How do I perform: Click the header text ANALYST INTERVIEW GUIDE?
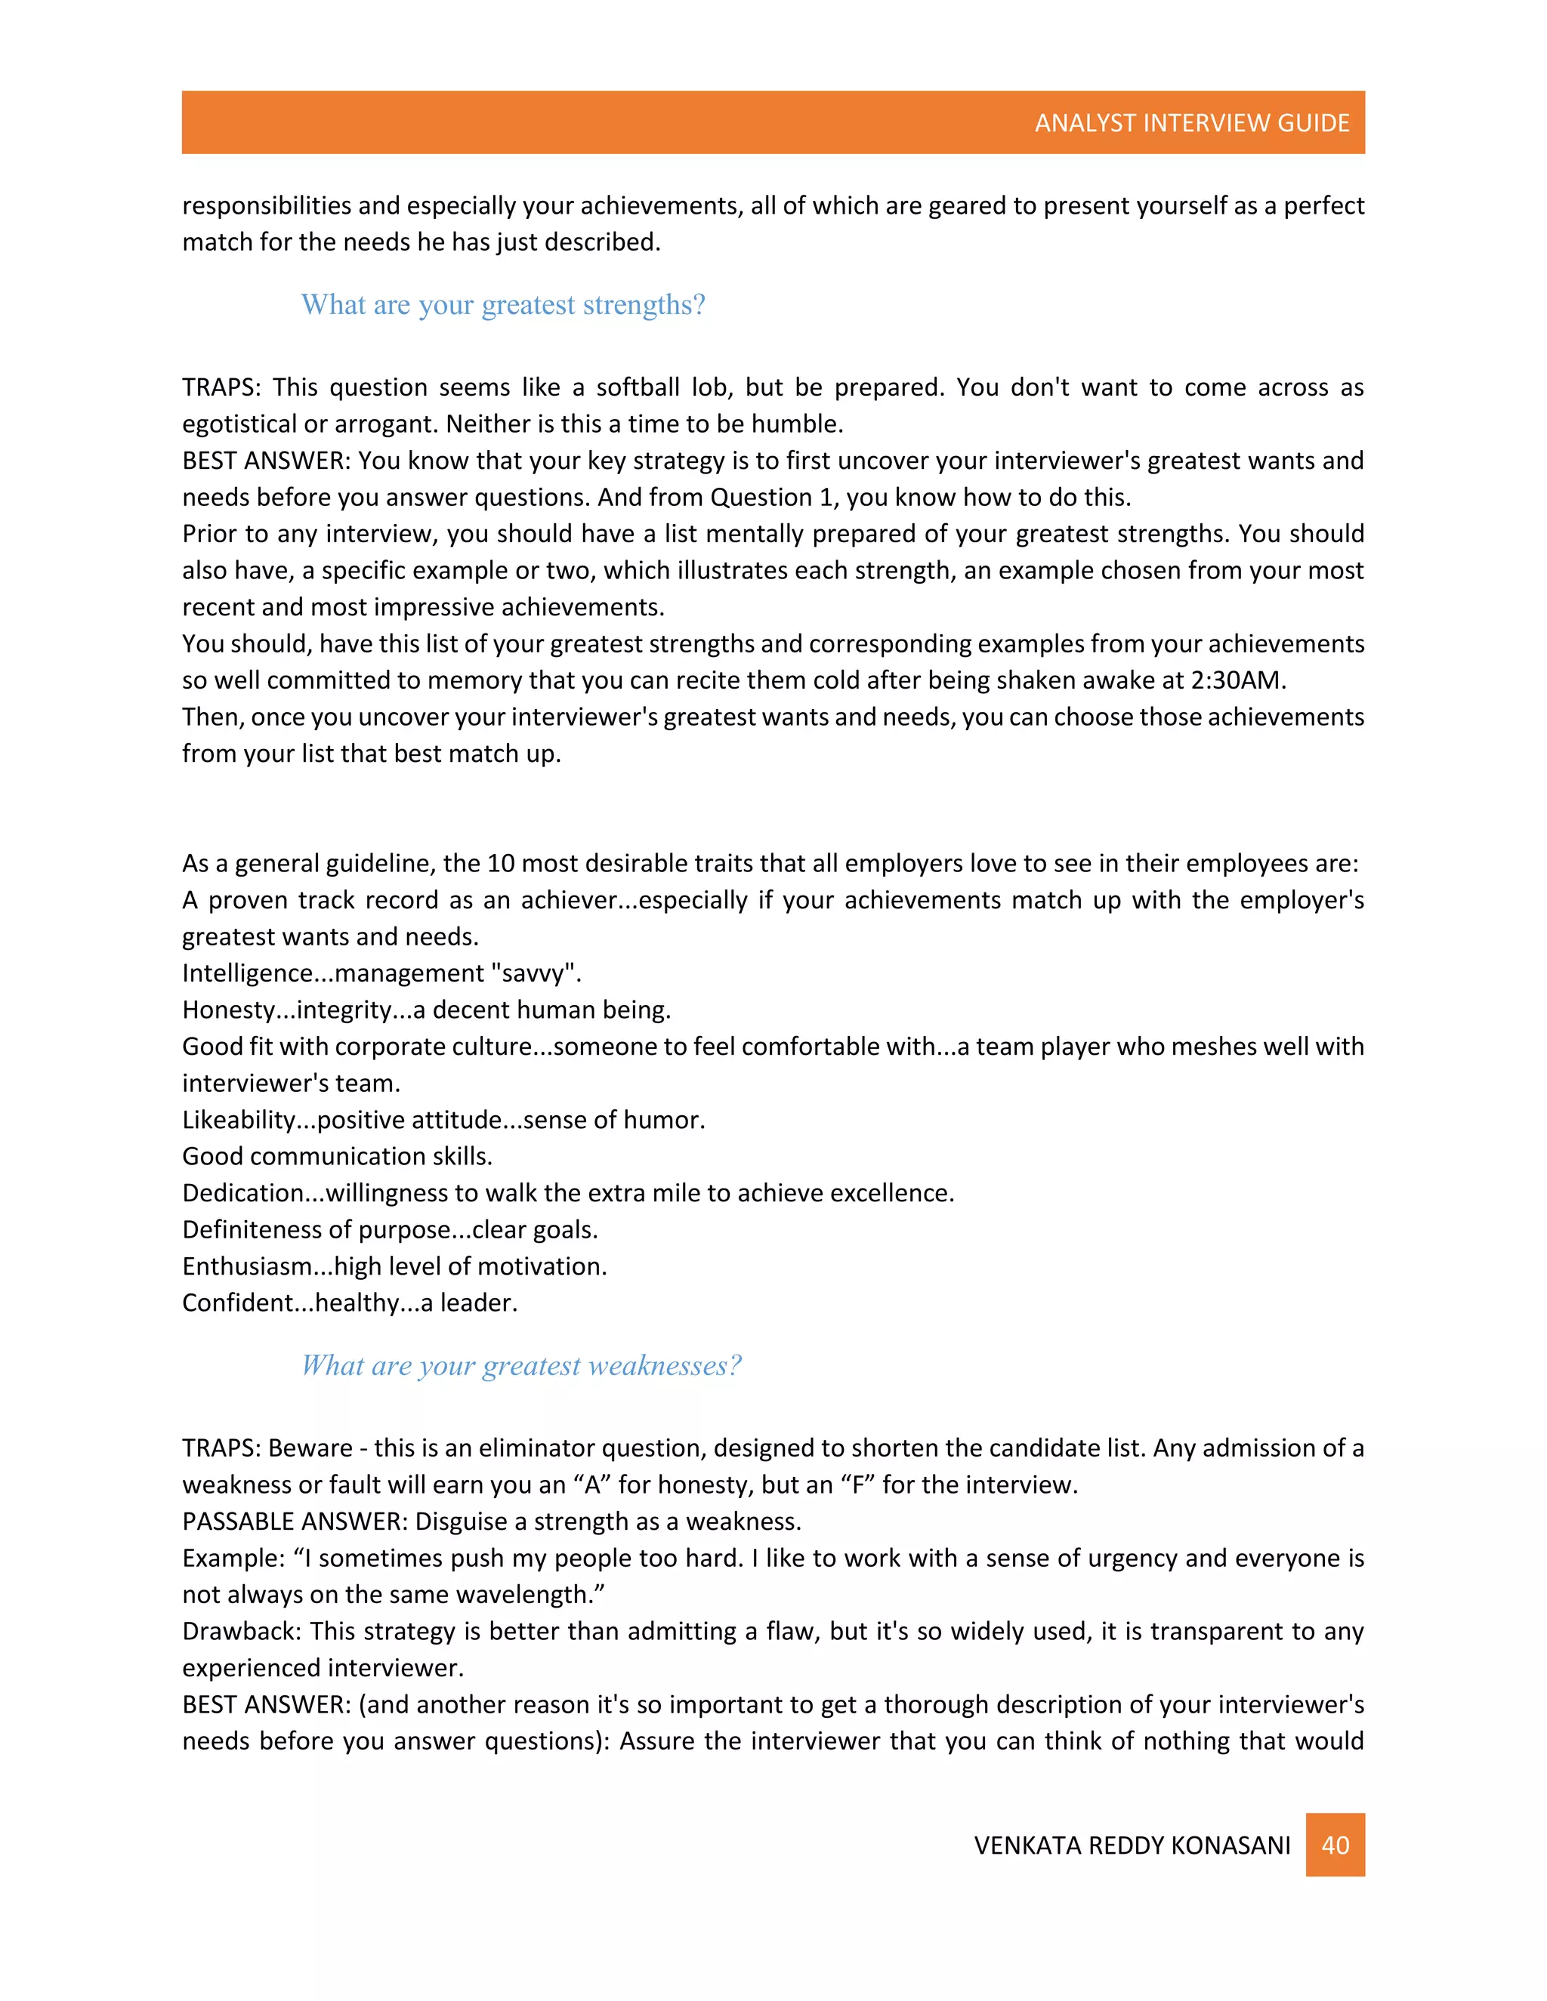1191,123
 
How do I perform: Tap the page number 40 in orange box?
1335,1845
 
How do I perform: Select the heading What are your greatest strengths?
503,304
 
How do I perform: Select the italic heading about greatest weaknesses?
520,1365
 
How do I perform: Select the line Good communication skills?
337,1156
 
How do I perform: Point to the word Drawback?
241,1631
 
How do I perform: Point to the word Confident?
236,1303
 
